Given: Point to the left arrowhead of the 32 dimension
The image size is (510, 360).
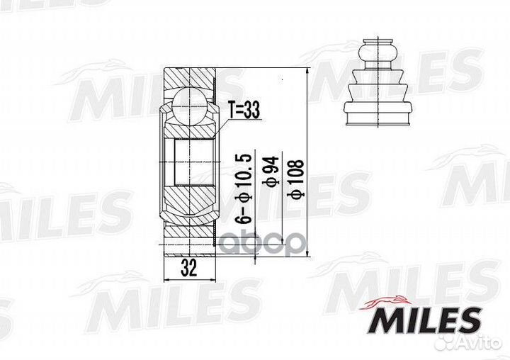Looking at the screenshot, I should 167,278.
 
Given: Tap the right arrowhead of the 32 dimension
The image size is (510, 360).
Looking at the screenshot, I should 210,278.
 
